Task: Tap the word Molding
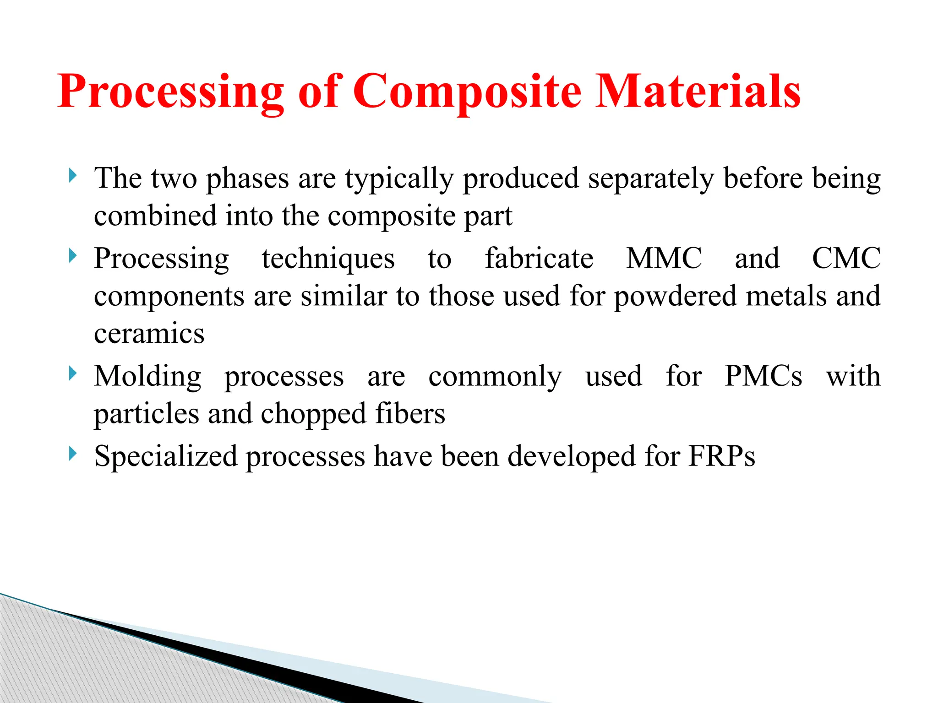click(x=147, y=377)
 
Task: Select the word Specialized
click(x=166, y=457)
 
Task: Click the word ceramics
click(x=149, y=334)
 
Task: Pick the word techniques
click(x=328, y=259)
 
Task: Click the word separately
click(x=651, y=178)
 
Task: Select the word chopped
click(x=314, y=414)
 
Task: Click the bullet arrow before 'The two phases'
click(x=72, y=175)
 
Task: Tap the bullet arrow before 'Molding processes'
click(x=72, y=373)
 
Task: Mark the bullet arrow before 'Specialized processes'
click(x=72, y=454)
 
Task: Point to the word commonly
click(x=495, y=377)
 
